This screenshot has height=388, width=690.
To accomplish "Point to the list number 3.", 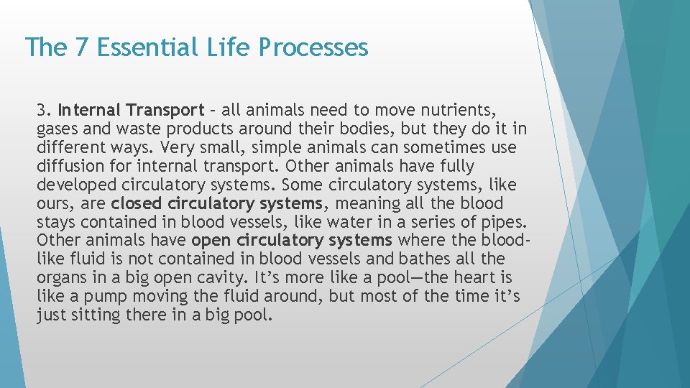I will point(43,111).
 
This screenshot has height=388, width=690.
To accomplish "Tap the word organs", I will point(59,277).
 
